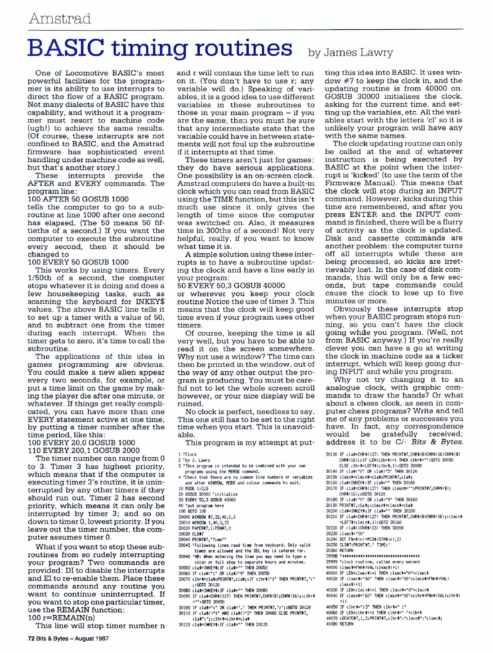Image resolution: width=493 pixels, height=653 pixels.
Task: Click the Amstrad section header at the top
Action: pyautogui.click(x=60, y=18)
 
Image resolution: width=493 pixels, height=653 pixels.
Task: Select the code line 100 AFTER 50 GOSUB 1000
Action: pyautogui.click(x=78, y=199)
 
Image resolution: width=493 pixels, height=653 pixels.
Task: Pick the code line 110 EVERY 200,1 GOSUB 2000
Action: pyautogui.click(x=84, y=450)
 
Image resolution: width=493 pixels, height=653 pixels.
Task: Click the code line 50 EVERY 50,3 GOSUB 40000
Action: pyautogui.click(x=231, y=286)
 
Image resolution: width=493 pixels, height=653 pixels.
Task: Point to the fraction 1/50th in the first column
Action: pyautogui.click(x=40, y=278)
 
